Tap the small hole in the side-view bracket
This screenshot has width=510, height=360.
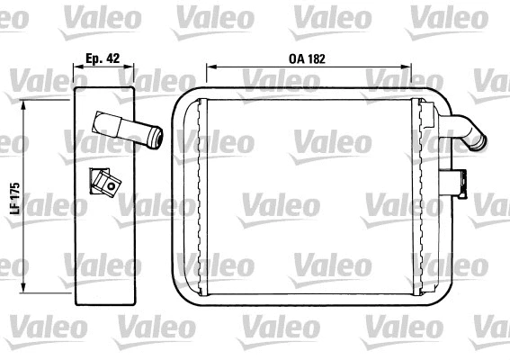112,188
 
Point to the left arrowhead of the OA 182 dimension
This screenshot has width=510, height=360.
210,66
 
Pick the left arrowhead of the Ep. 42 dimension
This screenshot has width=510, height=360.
76,66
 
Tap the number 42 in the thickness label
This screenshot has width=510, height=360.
112,56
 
